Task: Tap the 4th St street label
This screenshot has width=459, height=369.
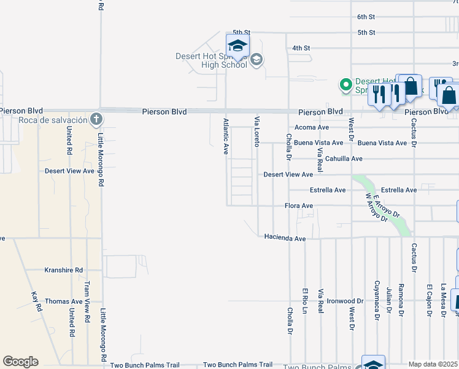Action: pos(301,47)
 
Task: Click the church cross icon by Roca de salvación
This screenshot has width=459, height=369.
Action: pos(94,118)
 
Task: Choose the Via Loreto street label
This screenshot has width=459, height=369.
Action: pos(257,131)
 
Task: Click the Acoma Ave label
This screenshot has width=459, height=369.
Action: pos(312,127)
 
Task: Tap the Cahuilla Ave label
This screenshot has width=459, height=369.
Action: pos(344,159)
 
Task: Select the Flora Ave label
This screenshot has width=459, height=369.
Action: pos(299,205)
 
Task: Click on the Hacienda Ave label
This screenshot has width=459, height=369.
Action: pos(285,237)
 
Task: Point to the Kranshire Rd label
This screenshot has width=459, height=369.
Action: pos(64,270)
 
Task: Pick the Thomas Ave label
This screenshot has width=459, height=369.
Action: pos(64,302)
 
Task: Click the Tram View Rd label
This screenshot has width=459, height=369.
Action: pos(87,296)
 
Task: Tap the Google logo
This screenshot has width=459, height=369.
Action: pos(20,362)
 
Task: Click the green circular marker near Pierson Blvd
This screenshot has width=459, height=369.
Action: pos(346,84)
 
